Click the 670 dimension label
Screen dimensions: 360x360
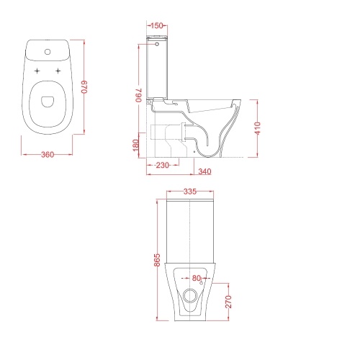tap(85, 87)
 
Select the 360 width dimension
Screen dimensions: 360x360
tap(48, 155)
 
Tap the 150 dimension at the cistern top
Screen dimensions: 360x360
tap(157, 25)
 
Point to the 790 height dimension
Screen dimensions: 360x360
tap(138, 95)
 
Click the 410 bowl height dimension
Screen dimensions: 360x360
tap(257, 128)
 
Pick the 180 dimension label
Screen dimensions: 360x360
tap(136, 145)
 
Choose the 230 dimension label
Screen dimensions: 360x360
tap(163, 165)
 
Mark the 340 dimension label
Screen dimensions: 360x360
tap(204, 171)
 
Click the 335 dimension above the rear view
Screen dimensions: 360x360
tap(190, 192)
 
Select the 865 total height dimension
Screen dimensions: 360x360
tap(157, 260)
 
